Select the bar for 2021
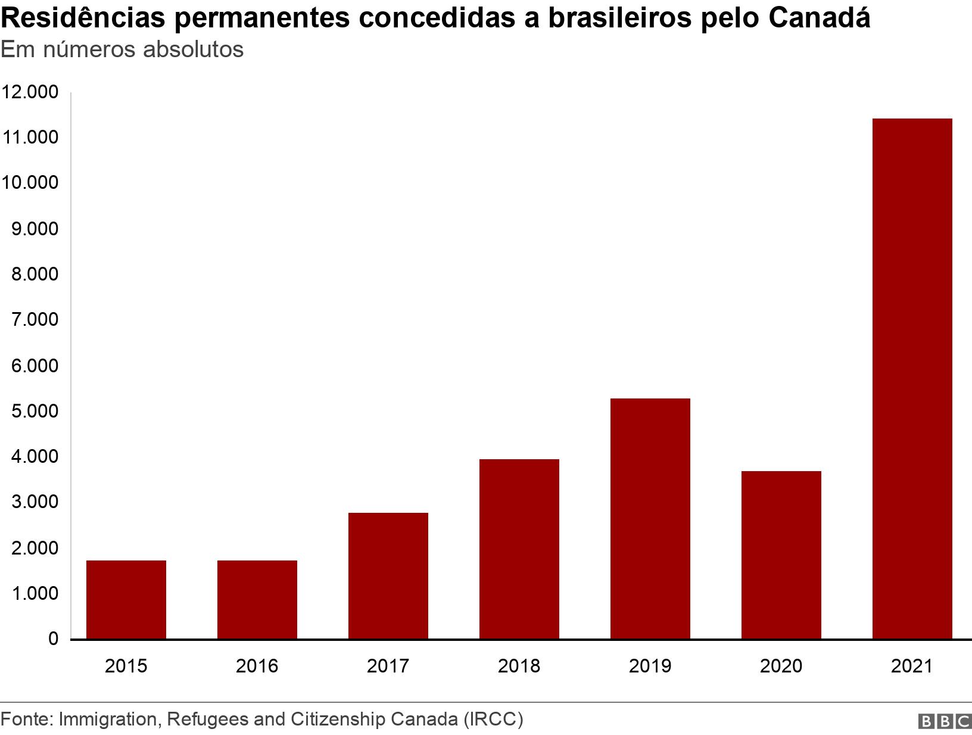[x=912, y=379]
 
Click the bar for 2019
[x=650, y=518]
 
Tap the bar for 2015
[x=126, y=599]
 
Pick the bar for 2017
[x=388, y=575]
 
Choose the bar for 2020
[x=781, y=555]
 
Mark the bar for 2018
[x=519, y=549]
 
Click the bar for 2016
[x=257, y=599]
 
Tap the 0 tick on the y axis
[x=53, y=639]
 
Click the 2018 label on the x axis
[x=519, y=665]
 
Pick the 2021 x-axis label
[x=912, y=665]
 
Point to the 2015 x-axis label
[x=126, y=665]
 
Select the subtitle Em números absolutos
[x=122, y=50]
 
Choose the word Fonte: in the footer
[x=27, y=719]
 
